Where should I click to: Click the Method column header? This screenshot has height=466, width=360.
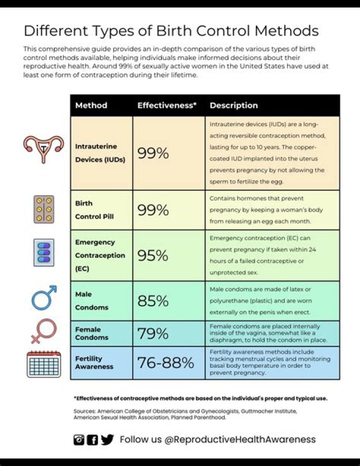[x=91, y=106]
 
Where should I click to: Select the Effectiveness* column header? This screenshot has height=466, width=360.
[x=166, y=106]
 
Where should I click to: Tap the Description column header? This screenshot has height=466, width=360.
[x=233, y=106]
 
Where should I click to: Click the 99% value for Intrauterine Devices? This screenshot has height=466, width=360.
[x=153, y=153]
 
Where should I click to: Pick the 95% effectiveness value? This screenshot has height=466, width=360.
[x=153, y=255]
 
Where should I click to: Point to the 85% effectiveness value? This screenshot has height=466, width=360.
[x=153, y=301]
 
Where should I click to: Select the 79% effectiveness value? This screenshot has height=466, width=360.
[x=153, y=333]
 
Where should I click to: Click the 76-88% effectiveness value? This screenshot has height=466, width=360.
[x=165, y=363]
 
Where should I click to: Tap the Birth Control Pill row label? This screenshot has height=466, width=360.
[x=94, y=210]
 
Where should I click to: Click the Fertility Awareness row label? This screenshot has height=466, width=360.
[x=94, y=363]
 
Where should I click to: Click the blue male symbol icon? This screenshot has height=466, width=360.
[x=44, y=298]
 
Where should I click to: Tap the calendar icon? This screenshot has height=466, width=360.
[x=43, y=364]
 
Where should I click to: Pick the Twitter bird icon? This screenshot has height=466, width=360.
[x=107, y=439]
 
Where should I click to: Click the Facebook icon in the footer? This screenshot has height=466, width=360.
[x=92, y=440]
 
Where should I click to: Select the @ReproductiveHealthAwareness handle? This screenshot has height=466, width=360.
[x=240, y=439]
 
